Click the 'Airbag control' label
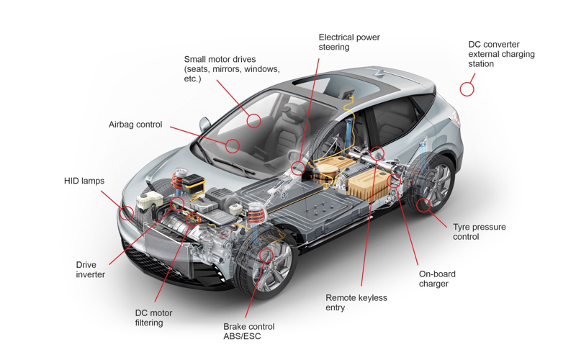[x=135, y=125]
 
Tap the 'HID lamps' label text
[x=84, y=181]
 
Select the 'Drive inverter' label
[x=91, y=269]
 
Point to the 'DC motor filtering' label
[x=153, y=318]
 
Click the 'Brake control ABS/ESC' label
[x=248, y=331]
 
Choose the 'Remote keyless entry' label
[x=356, y=302]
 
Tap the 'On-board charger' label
[x=437, y=279]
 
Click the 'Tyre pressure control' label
[x=479, y=232]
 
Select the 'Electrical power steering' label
[x=349, y=42]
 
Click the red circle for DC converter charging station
[x=467, y=89]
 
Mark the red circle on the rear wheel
[x=423, y=205]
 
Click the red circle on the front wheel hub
[x=266, y=255]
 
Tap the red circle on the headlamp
[x=127, y=213]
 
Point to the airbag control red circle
[x=232, y=146]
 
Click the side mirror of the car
[x=204, y=125]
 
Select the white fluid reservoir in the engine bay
[x=149, y=201]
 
